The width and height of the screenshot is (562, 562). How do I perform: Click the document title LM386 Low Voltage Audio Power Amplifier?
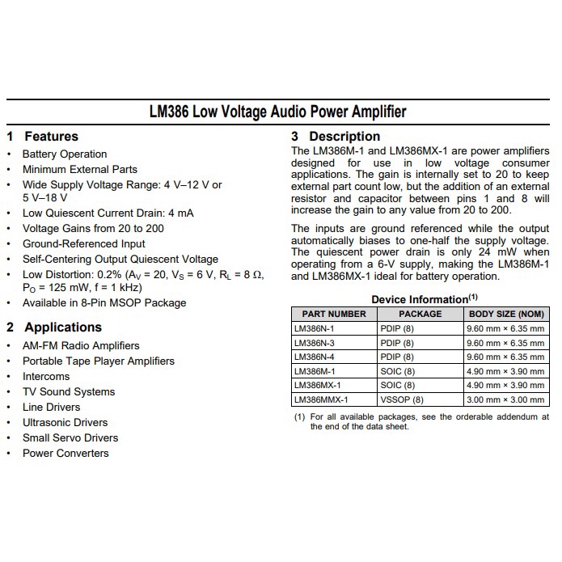point(277,112)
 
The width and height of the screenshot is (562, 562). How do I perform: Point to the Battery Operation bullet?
point(65,154)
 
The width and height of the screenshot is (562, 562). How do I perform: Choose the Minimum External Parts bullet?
point(80,170)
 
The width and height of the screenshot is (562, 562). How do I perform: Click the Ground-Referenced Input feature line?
point(84,244)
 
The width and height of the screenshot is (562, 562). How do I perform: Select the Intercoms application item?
point(46,377)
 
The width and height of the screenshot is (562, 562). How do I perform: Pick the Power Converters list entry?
point(65,454)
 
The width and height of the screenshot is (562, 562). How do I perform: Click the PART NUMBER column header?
point(334,314)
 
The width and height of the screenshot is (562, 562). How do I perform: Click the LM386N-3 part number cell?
point(315,343)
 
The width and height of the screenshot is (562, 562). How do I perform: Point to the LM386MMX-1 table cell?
point(321,399)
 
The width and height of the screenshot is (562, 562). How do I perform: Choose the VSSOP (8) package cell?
point(402,399)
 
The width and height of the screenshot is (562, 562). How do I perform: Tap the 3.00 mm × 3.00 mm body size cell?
point(505,399)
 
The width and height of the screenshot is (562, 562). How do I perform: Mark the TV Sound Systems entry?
point(69,392)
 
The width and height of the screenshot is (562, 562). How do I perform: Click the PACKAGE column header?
point(420,314)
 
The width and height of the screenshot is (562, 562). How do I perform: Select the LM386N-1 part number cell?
point(315,329)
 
